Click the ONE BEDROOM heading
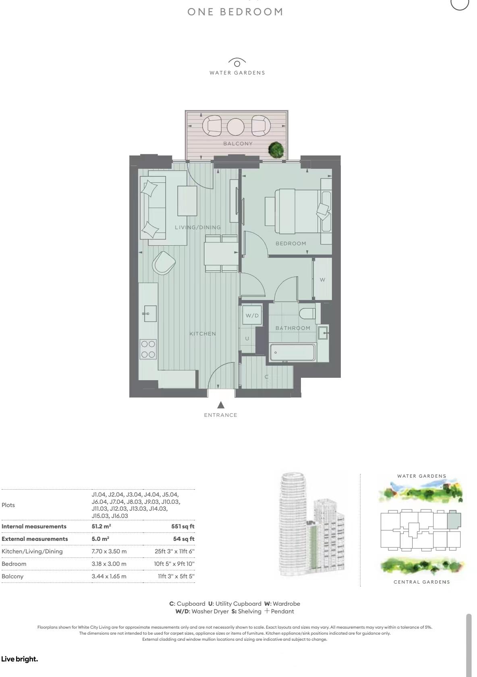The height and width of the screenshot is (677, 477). click(x=235, y=12)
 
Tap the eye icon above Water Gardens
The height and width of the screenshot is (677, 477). click(x=237, y=63)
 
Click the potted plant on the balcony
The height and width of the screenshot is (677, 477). click(x=276, y=150)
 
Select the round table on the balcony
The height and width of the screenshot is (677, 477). click(x=236, y=127)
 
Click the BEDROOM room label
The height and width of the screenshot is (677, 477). click(x=291, y=243)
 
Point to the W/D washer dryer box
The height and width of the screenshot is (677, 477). click(x=252, y=315)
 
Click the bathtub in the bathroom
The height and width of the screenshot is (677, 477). click(x=292, y=352)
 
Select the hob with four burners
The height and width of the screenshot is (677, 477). click(x=148, y=349)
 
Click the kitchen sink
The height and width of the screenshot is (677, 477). click(x=150, y=313)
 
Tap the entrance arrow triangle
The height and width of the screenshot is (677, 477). click(x=220, y=405)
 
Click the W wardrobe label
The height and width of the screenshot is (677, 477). click(x=322, y=279)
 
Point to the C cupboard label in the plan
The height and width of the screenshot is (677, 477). click(x=266, y=377)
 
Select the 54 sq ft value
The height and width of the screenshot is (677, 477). click(x=184, y=539)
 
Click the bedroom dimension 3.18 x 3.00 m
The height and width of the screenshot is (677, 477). click(x=109, y=564)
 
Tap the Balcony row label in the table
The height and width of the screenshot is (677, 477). click(x=12, y=576)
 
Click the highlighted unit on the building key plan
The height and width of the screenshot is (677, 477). click(x=454, y=520)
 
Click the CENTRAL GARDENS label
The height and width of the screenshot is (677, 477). click(x=421, y=582)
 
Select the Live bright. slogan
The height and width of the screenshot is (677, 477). click(x=19, y=659)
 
